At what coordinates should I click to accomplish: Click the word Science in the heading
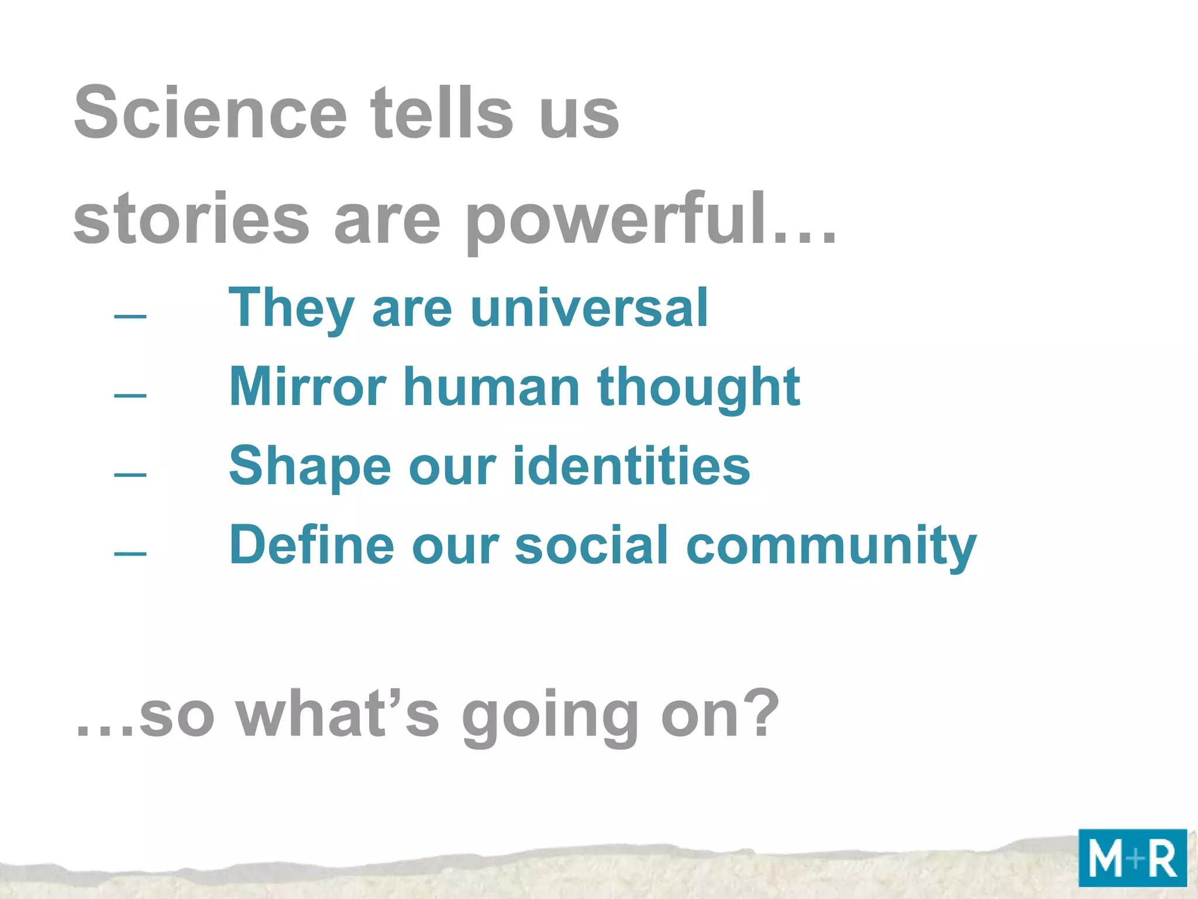click(x=211, y=112)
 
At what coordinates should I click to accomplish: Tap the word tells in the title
click(x=442, y=112)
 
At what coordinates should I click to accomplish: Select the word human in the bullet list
click(x=491, y=387)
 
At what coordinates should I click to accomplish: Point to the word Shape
click(x=309, y=467)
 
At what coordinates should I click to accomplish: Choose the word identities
click(x=632, y=466)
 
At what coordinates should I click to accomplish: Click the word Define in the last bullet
click(x=311, y=545)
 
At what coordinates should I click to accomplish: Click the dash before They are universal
click(x=130, y=317)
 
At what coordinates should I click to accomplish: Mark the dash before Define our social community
click(x=130, y=553)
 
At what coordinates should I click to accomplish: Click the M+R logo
click(x=1132, y=858)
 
